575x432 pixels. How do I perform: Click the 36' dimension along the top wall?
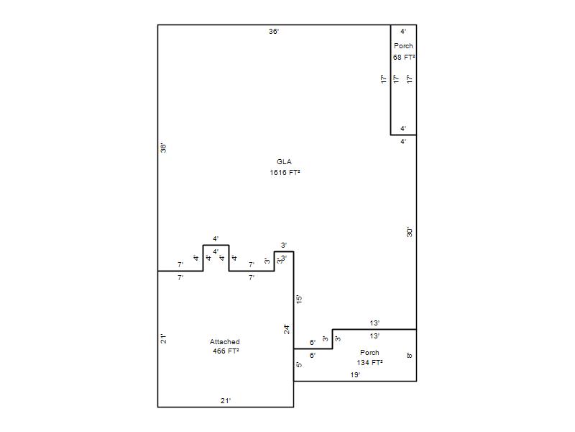click(274, 32)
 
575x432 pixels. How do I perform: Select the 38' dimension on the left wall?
click(164, 148)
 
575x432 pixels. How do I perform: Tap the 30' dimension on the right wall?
click(410, 232)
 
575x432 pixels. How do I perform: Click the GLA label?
click(284, 161)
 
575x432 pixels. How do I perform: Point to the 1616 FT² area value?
click(285, 172)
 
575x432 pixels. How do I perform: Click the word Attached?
click(225, 341)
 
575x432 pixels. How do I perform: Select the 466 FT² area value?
click(226, 351)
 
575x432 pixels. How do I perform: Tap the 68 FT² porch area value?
click(404, 58)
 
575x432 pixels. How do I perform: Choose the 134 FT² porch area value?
click(369, 363)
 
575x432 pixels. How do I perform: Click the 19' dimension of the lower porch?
click(355, 375)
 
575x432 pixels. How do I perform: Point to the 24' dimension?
click(287, 330)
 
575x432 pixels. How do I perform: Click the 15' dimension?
click(299, 299)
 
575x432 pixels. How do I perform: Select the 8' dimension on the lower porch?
click(410, 355)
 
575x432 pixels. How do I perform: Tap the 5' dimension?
click(299, 365)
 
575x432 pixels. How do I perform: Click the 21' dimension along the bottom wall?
click(226, 401)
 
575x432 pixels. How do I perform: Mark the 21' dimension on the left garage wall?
click(164, 338)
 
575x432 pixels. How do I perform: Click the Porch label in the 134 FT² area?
click(369, 353)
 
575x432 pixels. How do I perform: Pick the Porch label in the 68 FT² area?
click(403, 46)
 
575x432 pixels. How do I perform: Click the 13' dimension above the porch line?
click(374, 323)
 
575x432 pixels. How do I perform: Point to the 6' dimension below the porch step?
click(313, 355)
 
